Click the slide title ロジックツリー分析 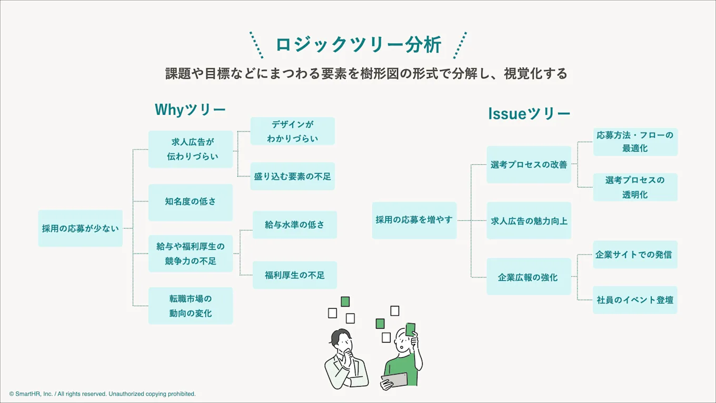point(359,44)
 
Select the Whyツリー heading point(190,110)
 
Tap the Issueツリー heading point(529,114)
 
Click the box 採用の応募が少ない point(80,228)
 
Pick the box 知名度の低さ point(191,202)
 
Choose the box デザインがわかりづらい point(293,131)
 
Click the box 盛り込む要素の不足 point(293,176)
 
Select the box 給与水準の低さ point(295,224)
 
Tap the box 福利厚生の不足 point(295,275)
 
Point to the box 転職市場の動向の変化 point(191,306)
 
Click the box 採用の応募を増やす point(414,220)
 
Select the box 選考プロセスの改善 point(529,164)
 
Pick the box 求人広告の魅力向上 point(529,220)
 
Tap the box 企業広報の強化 point(529,277)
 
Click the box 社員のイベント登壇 point(635,300)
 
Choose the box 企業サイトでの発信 point(635,254)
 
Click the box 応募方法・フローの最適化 point(635,142)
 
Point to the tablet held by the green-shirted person point(395,380)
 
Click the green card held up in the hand point(411,329)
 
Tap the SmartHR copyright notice point(102,394)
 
